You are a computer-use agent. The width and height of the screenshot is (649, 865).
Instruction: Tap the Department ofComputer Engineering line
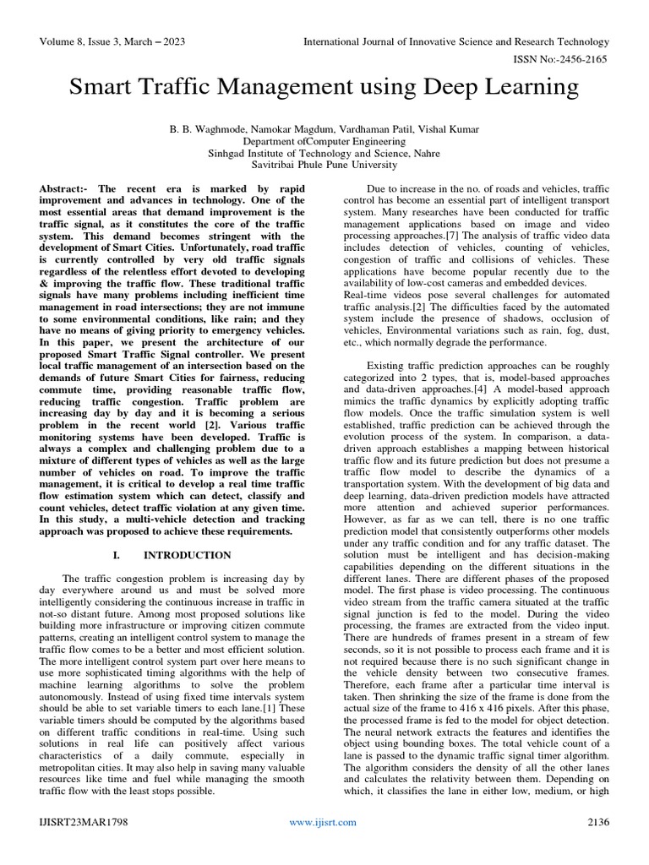(x=324, y=141)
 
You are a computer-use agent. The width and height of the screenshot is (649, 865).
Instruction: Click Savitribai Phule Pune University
(x=324, y=166)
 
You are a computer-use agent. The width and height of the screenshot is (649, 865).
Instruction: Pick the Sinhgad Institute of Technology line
(x=324, y=154)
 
